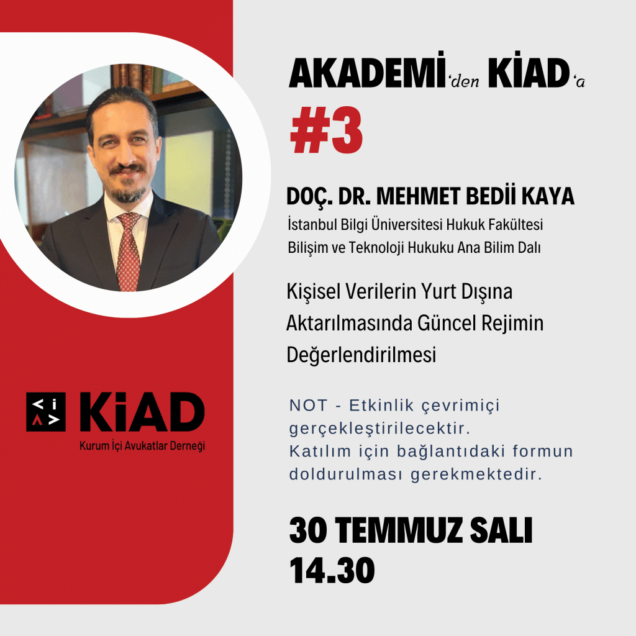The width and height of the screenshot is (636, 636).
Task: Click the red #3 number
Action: point(327,130)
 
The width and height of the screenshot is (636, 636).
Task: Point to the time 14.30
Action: point(332,570)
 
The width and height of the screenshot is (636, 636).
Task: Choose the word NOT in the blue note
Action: point(308,405)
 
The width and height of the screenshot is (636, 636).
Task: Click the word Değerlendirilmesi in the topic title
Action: point(361,355)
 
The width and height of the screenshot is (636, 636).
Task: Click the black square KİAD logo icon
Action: point(46,412)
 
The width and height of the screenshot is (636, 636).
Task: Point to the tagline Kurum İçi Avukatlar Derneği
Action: point(142,446)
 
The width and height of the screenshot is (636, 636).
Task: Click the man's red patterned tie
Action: point(129,252)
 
